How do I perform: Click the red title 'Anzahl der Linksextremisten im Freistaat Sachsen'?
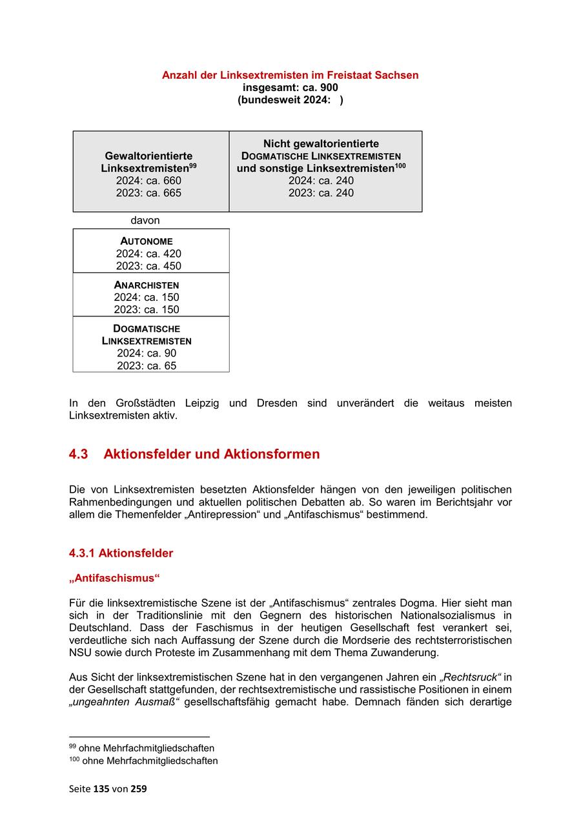coord(290,75)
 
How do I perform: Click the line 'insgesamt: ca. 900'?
coord(290,87)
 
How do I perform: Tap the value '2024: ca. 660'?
coord(148,181)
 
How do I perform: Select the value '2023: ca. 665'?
coord(148,193)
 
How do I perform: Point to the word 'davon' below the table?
coord(145,221)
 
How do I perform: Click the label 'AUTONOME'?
coord(147,241)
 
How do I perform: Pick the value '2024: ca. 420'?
coord(148,254)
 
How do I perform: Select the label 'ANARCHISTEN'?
coord(147,285)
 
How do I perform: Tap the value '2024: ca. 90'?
coord(147,353)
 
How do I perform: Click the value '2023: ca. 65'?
coord(147,365)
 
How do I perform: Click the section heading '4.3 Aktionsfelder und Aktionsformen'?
coord(194,454)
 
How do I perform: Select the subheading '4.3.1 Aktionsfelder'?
coord(121,553)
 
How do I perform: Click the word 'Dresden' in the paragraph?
coord(277,403)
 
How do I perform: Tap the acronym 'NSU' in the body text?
coord(79,653)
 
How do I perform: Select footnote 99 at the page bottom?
coord(141,748)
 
